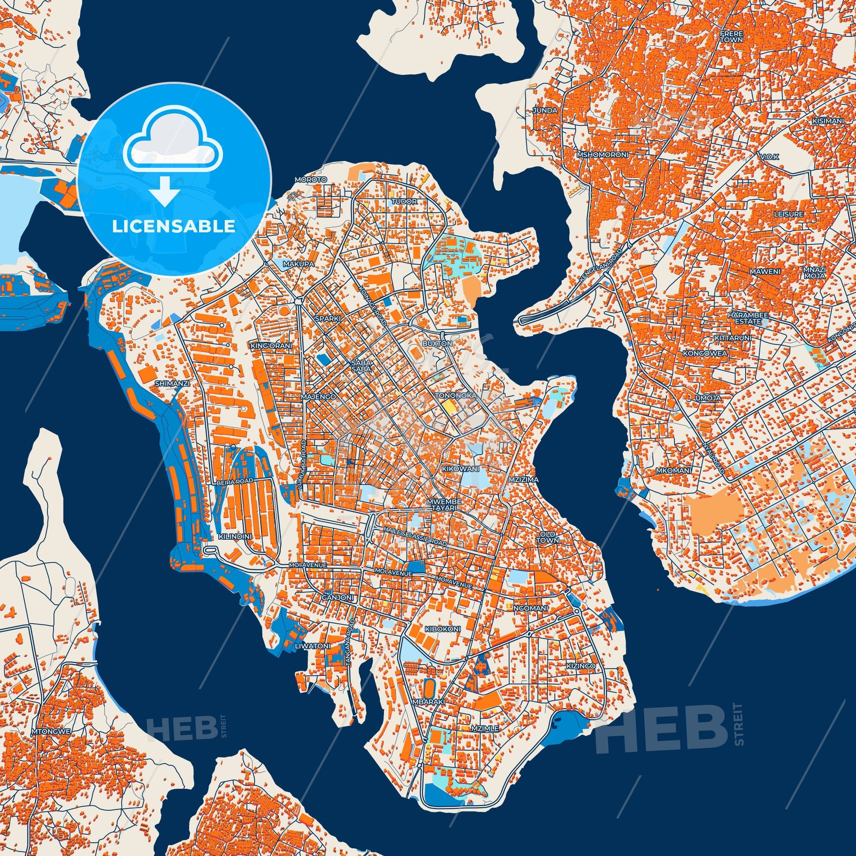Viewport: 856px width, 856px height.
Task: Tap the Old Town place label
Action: [548, 538]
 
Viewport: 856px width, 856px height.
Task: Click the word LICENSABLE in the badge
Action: [173, 227]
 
